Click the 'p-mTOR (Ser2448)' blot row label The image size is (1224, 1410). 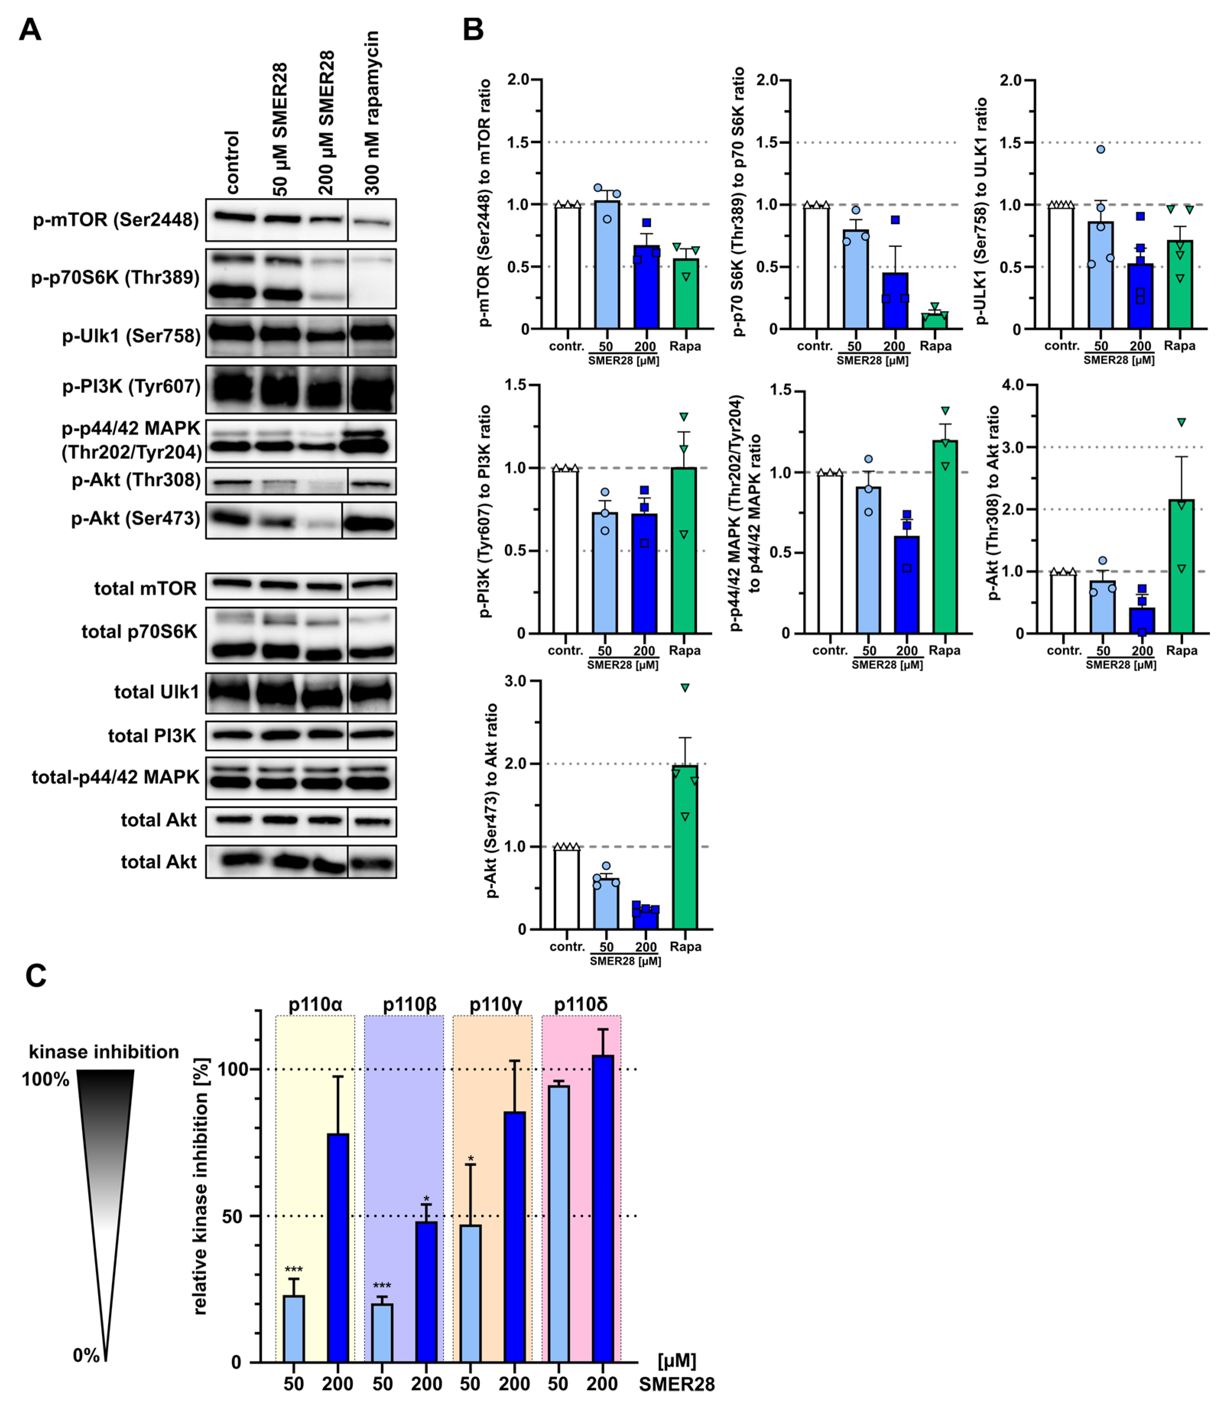[116, 220]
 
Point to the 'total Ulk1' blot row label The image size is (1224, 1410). [156, 692]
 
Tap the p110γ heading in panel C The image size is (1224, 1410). [496, 1005]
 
